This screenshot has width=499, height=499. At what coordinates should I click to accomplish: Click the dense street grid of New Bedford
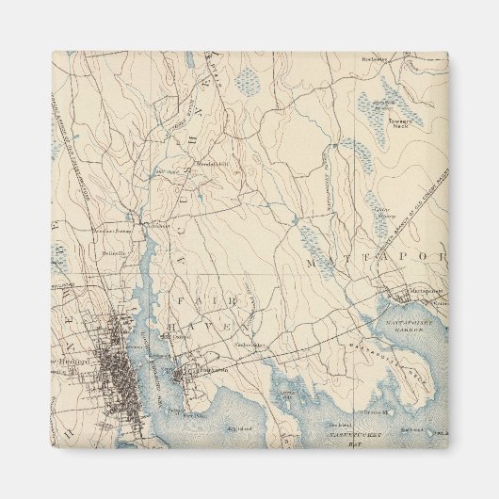tap(118, 358)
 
